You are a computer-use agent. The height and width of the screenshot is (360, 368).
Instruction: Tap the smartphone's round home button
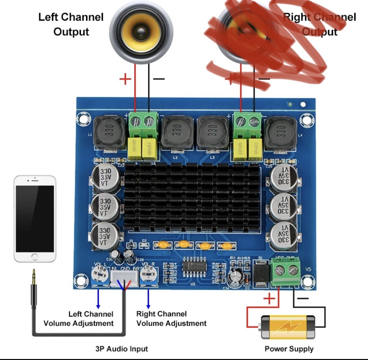[35, 256]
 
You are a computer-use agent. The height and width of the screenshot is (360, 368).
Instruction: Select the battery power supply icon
[288, 327]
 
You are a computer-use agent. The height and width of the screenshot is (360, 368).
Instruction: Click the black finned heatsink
[192, 196]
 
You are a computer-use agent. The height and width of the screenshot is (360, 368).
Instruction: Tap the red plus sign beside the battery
[269, 298]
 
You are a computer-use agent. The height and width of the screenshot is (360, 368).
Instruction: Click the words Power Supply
[289, 349]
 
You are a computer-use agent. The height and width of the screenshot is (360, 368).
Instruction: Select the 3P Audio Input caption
[121, 349]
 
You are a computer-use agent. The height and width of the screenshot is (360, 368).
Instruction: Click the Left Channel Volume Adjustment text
[79, 319]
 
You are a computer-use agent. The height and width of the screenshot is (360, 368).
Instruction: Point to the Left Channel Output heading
[71, 25]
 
